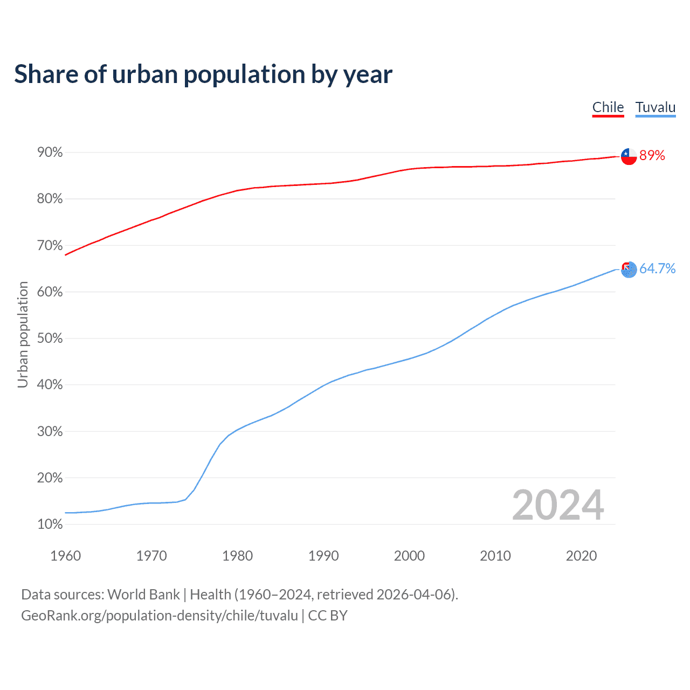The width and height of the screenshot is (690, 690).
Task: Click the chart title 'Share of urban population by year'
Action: click(x=203, y=74)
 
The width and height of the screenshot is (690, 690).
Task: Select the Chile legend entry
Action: click(x=608, y=107)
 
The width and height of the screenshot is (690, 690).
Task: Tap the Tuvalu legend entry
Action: click(x=655, y=107)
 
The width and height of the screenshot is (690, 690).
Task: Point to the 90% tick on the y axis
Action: click(x=50, y=153)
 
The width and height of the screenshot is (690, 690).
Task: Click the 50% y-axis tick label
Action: click(x=50, y=339)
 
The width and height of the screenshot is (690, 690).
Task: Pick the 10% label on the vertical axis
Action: click(x=50, y=525)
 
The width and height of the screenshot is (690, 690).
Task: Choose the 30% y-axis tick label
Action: click(x=50, y=432)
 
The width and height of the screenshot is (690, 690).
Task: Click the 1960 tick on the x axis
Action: click(x=65, y=556)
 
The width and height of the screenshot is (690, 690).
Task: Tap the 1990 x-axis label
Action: click(x=323, y=556)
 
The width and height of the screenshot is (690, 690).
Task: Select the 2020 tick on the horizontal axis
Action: click(x=581, y=556)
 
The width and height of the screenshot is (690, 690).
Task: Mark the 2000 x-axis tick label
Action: click(x=409, y=556)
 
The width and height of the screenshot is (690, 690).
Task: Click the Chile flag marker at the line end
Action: click(x=629, y=156)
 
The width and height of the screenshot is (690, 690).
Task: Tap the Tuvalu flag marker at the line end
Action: click(x=629, y=269)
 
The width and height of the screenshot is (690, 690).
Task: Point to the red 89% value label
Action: click(x=652, y=156)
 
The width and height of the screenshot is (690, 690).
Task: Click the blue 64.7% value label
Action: click(x=658, y=268)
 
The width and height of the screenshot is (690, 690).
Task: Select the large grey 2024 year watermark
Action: click(x=558, y=505)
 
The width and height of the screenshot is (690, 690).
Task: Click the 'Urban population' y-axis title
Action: click(x=23, y=334)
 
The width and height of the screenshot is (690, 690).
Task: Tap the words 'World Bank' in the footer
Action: click(x=143, y=595)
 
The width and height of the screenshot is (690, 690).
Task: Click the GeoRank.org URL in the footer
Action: click(x=160, y=616)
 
